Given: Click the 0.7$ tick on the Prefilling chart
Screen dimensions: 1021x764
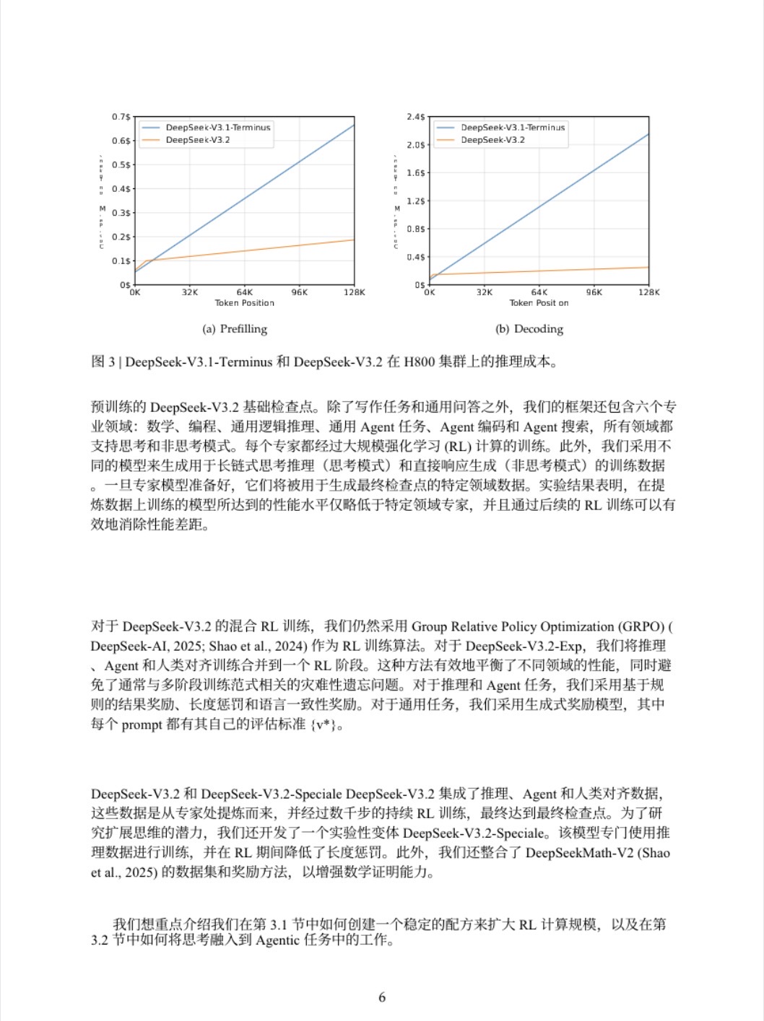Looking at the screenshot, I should pos(121,117).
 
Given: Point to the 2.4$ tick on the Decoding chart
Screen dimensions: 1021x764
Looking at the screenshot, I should pos(415,117).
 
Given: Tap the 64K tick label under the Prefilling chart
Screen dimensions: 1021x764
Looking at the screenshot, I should pos(245,292).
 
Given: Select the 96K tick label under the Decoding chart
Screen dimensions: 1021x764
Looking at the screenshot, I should pos(594,292).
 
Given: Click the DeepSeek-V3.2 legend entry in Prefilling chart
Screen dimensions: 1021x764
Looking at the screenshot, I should pos(197,140).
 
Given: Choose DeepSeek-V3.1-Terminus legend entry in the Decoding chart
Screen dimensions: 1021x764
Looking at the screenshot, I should pos(512,128).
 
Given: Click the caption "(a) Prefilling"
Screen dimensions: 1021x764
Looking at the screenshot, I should pos(235,329).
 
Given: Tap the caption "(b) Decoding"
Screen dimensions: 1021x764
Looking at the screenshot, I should pos(529,329).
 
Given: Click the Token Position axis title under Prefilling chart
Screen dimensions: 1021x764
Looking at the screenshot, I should pos(244,303).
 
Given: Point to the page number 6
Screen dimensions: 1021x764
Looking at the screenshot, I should pos(382,997).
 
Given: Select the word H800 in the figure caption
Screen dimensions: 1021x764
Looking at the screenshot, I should pos(420,361).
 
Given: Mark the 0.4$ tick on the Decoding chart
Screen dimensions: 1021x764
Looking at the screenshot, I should pos(415,257).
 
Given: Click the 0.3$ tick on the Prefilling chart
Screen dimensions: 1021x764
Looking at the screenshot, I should pos(121,213).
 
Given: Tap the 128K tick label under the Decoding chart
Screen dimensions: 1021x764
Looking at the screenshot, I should pos(648,292).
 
